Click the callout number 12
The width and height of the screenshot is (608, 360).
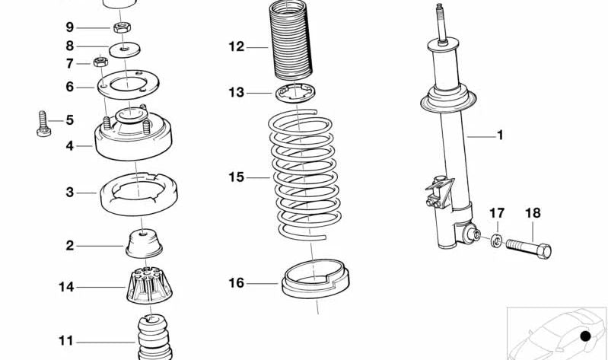(x=236, y=47)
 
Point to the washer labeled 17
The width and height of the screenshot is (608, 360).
(x=495, y=241)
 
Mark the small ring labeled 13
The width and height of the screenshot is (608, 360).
(x=296, y=94)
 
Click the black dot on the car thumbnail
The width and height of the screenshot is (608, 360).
(x=585, y=336)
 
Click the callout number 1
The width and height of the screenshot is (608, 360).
(x=500, y=136)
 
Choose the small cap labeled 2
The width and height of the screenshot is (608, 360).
(x=144, y=244)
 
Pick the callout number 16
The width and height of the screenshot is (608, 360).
(x=236, y=283)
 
